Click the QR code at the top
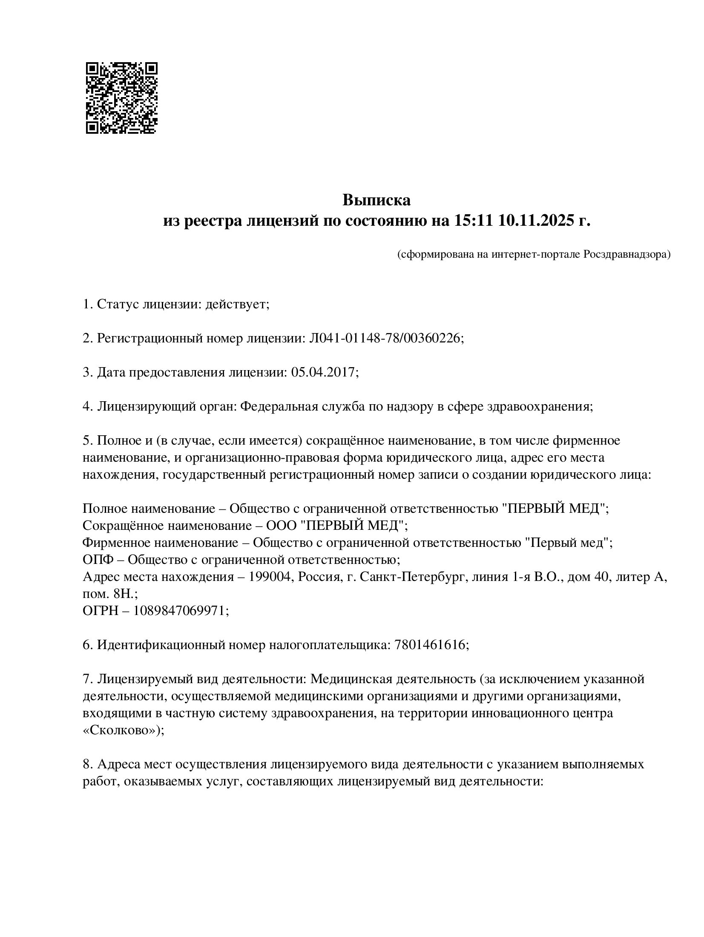[121, 98]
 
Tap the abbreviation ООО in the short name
[281, 526]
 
